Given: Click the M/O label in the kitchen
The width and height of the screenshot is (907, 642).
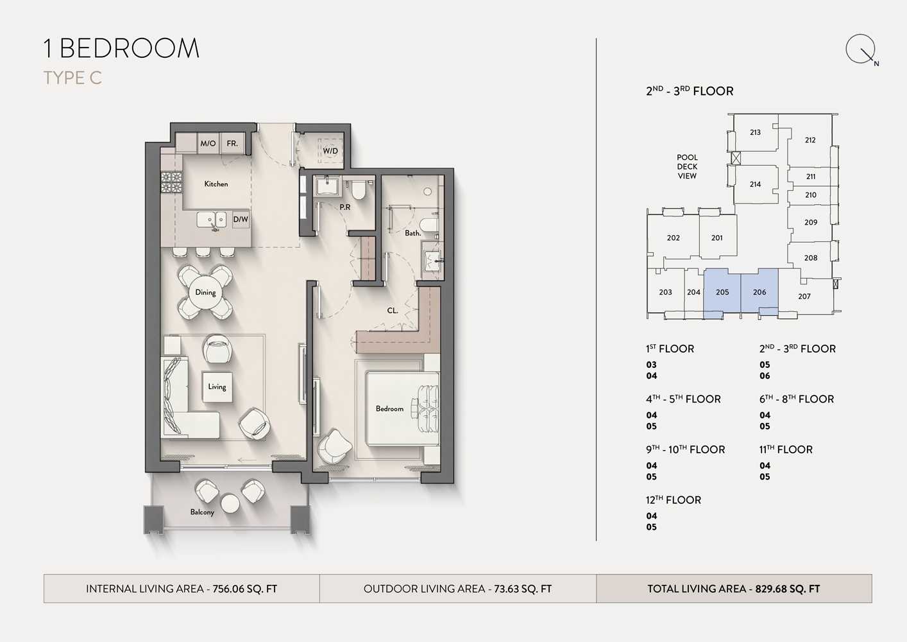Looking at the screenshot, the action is pos(208,143).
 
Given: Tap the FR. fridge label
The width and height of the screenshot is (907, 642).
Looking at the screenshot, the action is pos(232,143).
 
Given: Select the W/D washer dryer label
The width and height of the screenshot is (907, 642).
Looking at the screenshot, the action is pos(330,151).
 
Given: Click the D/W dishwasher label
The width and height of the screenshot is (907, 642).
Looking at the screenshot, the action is pos(241,220).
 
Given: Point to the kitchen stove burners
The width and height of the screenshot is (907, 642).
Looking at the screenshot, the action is pos(172,182).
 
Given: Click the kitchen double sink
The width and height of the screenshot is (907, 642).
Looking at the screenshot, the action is pos(212,220).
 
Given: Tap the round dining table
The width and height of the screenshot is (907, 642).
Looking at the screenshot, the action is pos(205,292).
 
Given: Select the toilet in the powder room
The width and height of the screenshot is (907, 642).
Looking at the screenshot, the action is pos(358,189).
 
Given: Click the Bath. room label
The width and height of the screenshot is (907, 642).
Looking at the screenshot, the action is pos(413,233).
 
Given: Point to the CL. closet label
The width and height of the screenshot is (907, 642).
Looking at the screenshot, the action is pos(393,311).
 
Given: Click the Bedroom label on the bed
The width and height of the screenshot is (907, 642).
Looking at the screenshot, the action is pos(389,408).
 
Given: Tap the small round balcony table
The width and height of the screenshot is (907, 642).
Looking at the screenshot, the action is pos(230,503).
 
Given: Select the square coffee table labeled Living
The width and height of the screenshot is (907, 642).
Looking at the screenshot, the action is pos(217,387).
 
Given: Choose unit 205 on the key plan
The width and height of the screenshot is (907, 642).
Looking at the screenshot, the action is pos(722,292).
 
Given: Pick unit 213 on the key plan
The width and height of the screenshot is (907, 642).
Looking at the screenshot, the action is pos(756,132).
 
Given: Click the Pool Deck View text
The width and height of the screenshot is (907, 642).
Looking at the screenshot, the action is pos(687,166).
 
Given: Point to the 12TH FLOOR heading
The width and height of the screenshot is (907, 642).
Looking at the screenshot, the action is pos(674,500).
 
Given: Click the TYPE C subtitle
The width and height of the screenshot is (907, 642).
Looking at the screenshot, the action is pos(73,78).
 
